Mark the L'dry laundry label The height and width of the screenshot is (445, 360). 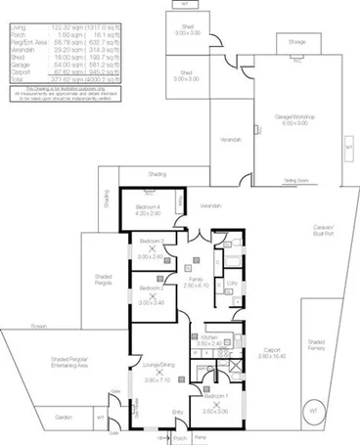232,283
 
